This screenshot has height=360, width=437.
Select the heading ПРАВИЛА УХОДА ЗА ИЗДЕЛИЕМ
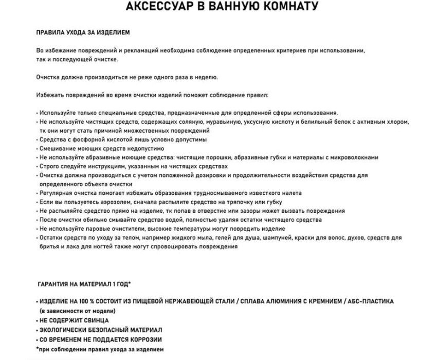tap(83, 32)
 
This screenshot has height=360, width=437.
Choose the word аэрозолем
tap(114, 202)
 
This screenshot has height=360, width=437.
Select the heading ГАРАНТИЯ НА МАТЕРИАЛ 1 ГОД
tap(84, 283)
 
